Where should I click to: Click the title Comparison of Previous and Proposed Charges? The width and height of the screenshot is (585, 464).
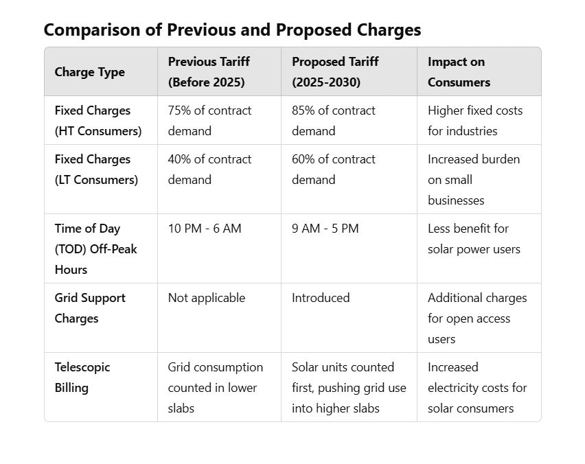point(232,30)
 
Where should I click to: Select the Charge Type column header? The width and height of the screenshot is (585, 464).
point(89,72)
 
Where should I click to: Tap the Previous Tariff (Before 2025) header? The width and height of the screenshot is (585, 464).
point(209,72)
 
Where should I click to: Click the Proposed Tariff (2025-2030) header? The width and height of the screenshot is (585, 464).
point(335,72)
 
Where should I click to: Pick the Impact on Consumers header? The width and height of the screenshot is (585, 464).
point(459,72)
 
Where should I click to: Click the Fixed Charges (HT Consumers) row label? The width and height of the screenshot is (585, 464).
point(97,121)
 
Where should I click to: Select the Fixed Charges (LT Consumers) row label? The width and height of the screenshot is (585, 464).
point(96,170)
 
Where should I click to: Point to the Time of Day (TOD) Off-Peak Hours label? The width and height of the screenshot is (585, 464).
point(95,248)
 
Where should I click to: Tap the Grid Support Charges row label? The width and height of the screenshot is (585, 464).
point(90,308)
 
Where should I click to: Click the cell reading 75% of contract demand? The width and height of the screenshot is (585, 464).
point(209,121)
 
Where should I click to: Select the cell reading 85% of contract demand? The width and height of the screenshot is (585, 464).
point(334,121)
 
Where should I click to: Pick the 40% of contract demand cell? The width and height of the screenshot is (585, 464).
point(209,170)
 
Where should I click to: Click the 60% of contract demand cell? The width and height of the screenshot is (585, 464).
point(334,170)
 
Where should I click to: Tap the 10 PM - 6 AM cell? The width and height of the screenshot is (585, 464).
point(205,229)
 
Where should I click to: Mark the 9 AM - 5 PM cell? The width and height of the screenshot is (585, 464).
point(325,229)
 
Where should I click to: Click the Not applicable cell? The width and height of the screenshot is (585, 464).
point(206,298)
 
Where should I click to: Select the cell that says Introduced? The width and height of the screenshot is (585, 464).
point(321,298)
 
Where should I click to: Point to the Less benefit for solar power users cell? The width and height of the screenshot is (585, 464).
point(474,239)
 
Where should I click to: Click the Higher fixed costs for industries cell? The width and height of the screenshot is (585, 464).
point(474,121)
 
